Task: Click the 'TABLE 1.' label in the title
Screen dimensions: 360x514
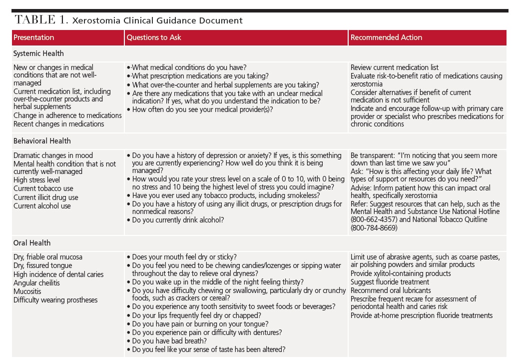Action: tap(41, 20)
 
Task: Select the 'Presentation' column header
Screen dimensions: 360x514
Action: tap(33, 37)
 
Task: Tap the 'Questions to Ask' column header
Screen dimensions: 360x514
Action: tap(154, 37)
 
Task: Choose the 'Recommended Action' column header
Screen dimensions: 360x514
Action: tap(386, 37)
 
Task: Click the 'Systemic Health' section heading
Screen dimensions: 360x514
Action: tap(38, 53)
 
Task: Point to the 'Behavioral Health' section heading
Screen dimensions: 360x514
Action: tap(42, 141)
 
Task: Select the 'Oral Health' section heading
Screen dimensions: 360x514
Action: tap(32, 243)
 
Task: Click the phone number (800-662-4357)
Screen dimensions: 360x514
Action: tap(374, 219)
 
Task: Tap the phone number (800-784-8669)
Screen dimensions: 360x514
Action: tap(374, 228)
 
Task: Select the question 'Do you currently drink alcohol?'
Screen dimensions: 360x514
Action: tap(178, 220)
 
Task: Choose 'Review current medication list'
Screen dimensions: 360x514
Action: tap(395, 67)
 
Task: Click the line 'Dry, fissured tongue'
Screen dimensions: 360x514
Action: tap(42, 265)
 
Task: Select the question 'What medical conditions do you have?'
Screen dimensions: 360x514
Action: tap(189, 67)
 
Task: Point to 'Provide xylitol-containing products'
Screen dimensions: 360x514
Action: tap(401, 273)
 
